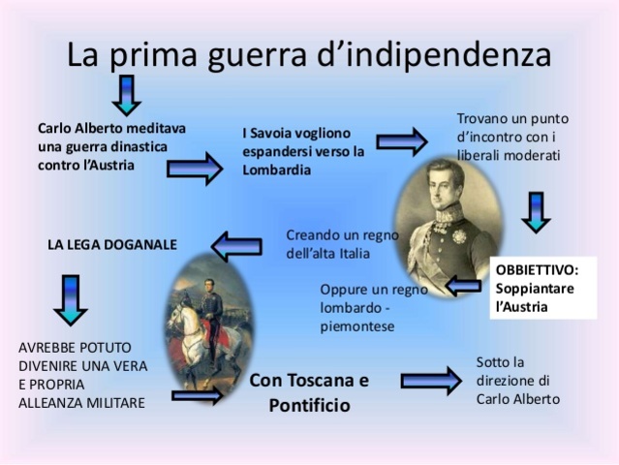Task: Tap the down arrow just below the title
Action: [126, 94]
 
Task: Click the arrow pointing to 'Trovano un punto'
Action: [401, 141]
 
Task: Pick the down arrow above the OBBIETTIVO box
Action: [535, 211]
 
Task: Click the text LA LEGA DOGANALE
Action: [112, 245]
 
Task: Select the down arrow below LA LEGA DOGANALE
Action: [71, 299]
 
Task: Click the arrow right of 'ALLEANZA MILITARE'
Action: [197, 394]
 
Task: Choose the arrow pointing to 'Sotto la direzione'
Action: [430, 379]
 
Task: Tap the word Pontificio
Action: [309, 405]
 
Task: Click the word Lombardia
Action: [276, 170]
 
